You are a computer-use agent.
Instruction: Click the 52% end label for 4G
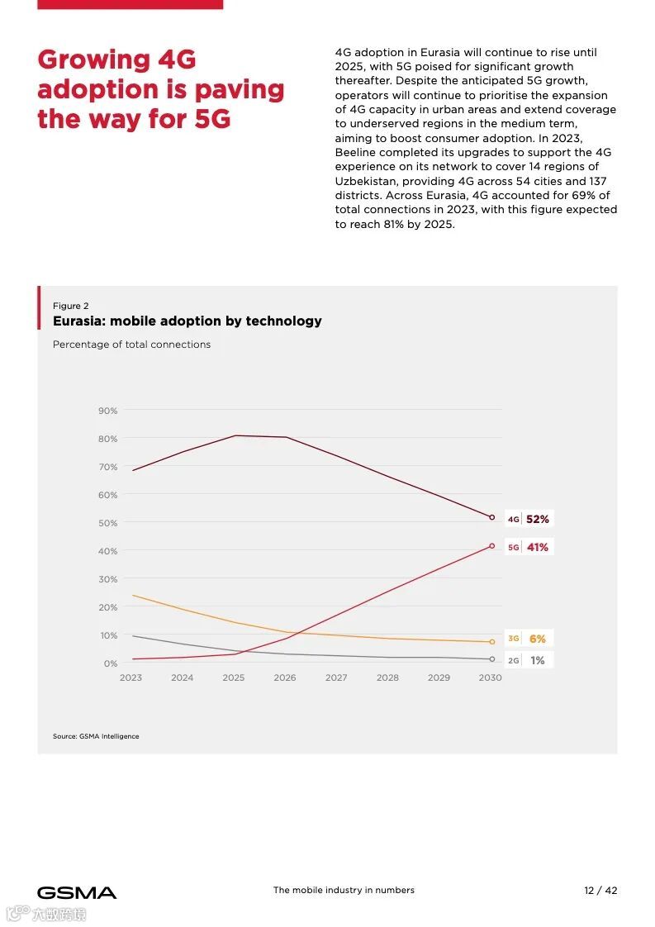coord(537,520)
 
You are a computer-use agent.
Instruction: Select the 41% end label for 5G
coord(537,547)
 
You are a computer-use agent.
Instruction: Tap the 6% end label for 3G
coord(537,639)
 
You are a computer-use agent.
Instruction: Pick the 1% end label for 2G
coord(537,660)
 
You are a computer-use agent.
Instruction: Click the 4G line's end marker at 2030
coord(491,517)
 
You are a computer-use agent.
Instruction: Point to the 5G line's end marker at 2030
coord(491,546)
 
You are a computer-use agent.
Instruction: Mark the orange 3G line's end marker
coord(491,642)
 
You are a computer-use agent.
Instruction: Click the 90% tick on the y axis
coord(108,411)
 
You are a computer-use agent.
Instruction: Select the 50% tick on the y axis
coord(108,523)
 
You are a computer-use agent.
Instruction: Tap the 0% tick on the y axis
coord(111,663)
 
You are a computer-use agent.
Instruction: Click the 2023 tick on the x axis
coord(131,677)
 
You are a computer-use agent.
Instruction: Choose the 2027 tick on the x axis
coord(336,677)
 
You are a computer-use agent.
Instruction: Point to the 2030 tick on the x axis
coord(490,677)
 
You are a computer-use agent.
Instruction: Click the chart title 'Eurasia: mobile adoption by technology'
coord(187,321)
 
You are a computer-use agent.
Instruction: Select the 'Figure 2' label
coord(71,306)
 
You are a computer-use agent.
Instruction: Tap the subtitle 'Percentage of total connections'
coord(131,345)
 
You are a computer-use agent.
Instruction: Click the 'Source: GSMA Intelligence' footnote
coord(96,736)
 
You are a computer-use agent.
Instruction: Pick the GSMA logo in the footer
coord(77,892)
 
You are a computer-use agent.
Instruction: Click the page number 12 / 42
coord(600,891)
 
